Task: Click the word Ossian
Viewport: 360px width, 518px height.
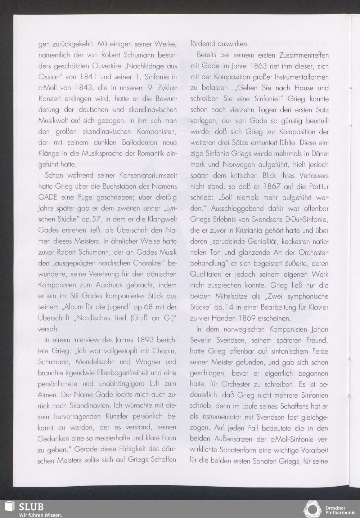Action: click(49, 77)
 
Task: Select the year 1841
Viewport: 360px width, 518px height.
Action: click(87, 77)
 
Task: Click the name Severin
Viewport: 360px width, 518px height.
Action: click(204, 340)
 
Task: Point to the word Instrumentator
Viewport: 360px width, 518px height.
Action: click(221, 417)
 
